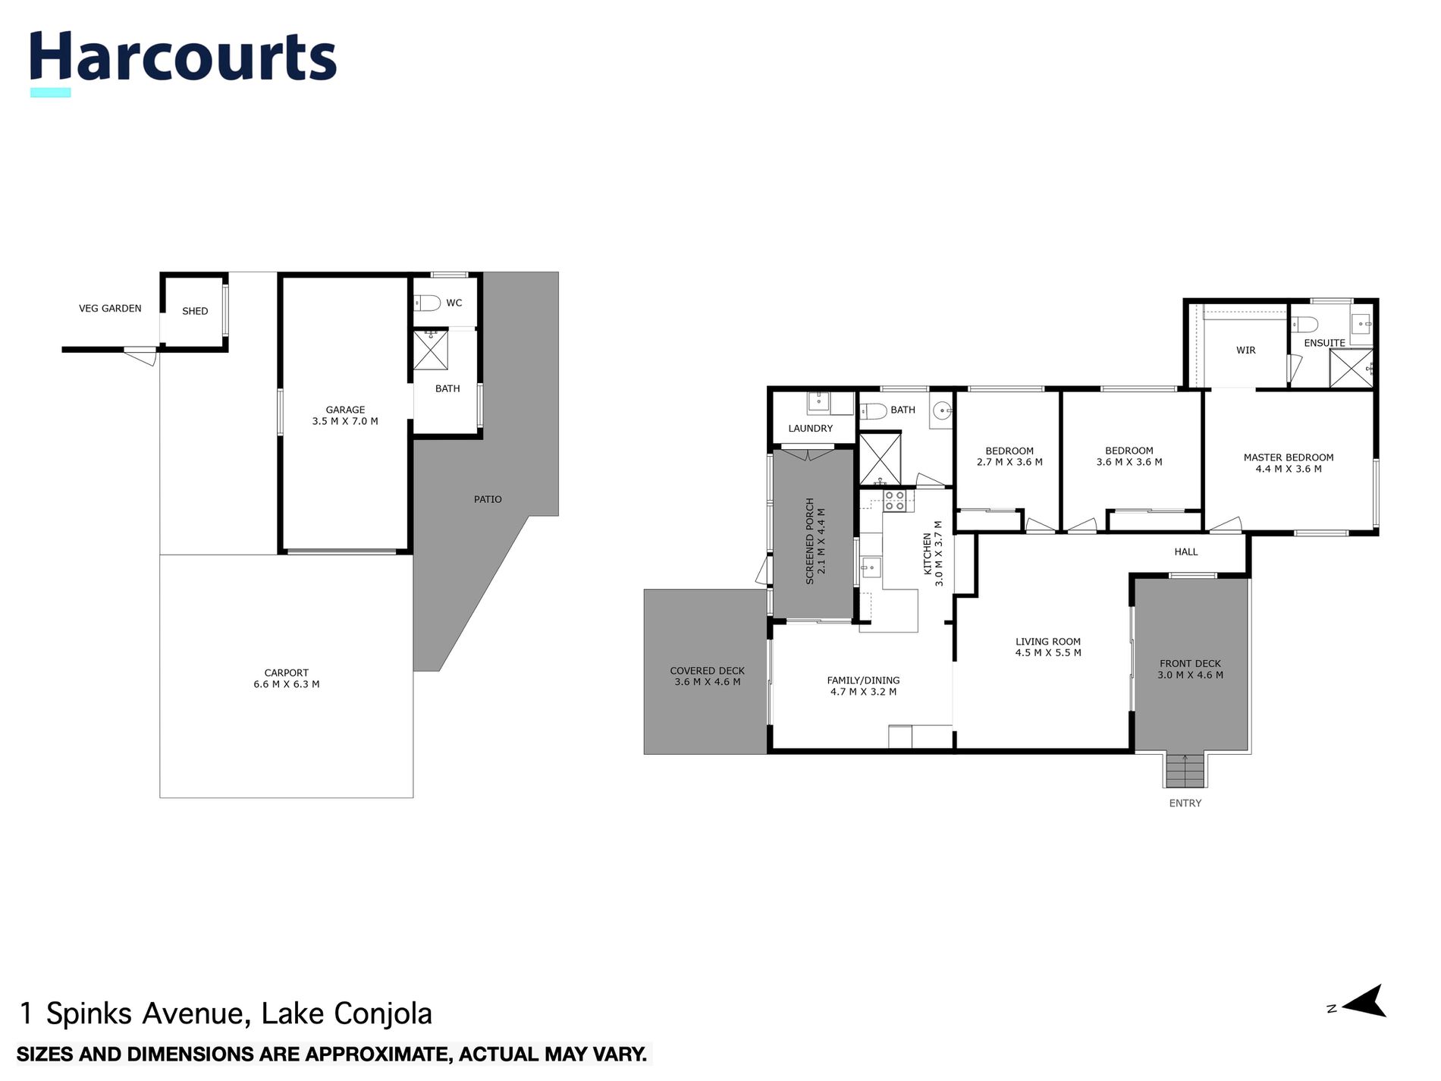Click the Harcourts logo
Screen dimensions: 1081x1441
point(183,58)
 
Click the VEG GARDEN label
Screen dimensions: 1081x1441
point(110,309)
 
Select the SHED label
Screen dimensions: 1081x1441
point(195,311)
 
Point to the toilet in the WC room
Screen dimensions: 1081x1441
point(429,303)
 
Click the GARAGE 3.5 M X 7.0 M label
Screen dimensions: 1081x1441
point(345,416)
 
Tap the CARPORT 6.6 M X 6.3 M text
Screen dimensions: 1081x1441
point(286,678)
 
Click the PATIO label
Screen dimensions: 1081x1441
point(488,499)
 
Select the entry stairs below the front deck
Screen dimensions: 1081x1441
point(1185,771)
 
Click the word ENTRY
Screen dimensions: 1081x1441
point(1185,803)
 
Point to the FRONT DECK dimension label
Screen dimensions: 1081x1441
point(1190,669)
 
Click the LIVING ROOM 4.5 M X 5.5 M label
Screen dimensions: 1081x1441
point(1048,647)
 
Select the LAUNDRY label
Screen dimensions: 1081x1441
point(810,429)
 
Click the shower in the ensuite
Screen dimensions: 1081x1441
point(1351,368)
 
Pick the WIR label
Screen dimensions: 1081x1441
point(1245,350)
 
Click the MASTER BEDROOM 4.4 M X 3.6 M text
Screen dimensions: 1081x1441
point(1288,463)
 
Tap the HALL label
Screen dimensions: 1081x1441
point(1185,552)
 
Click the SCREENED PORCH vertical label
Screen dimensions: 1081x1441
point(815,541)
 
